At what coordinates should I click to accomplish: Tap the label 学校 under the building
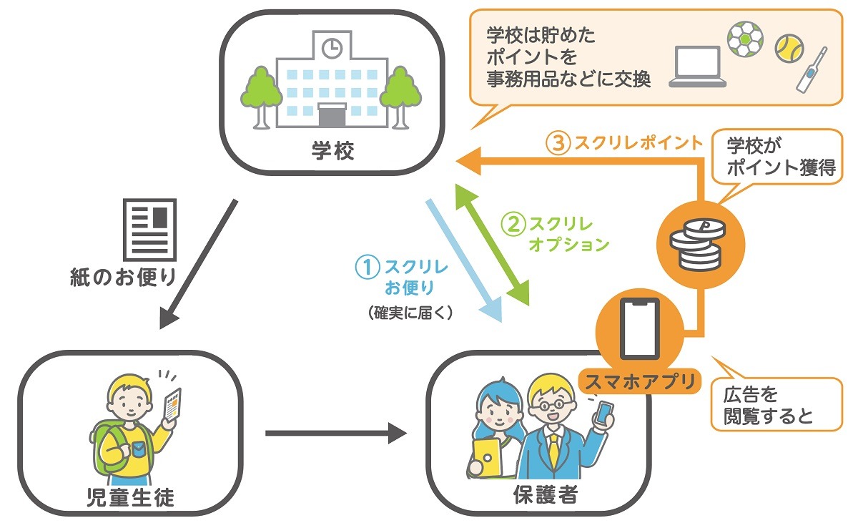coord(332,152)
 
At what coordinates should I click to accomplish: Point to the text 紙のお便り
coord(123,276)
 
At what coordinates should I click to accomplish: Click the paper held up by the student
coord(172,405)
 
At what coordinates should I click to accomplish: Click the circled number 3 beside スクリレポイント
coord(558,143)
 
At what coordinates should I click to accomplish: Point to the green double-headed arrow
coord(494,243)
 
